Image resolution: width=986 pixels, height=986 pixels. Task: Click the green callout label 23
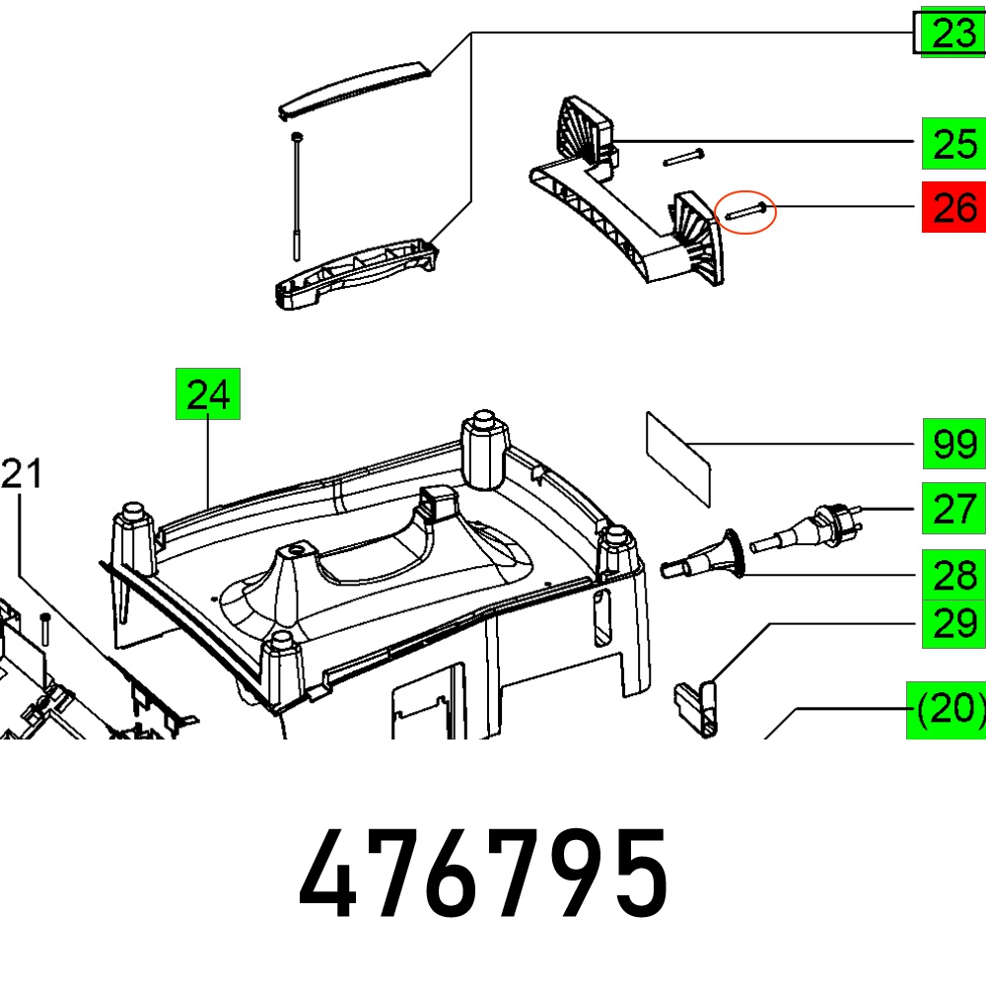[x=953, y=33]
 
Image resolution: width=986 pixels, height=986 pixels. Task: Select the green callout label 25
[x=953, y=143]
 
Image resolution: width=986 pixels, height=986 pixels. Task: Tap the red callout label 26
[x=953, y=207]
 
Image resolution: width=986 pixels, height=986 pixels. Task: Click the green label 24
[x=207, y=393]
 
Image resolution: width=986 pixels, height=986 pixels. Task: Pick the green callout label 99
[x=953, y=444]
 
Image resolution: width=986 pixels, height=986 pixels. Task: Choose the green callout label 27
[x=953, y=508]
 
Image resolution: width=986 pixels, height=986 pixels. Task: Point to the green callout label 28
[x=953, y=575]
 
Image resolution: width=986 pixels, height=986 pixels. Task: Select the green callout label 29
[x=953, y=623]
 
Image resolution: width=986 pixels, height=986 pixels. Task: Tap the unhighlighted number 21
[x=22, y=473]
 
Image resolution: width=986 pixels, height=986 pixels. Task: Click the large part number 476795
[x=483, y=874]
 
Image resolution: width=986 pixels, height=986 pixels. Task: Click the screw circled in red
[x=745, y=211]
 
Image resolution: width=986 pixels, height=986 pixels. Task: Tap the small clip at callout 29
[x=696, y=709]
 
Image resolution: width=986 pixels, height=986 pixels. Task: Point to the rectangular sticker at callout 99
[x=678, y=459]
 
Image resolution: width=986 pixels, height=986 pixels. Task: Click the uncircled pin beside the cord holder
[x=683, y=157]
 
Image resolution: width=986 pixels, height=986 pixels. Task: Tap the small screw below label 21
[x=44, y=630]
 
